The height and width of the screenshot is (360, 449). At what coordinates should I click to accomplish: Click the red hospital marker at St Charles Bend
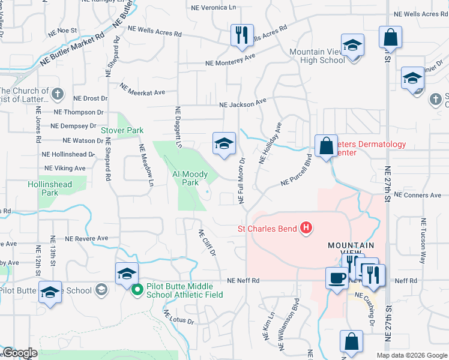coord(306,228)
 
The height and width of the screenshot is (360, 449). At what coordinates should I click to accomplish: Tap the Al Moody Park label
coord(190,178)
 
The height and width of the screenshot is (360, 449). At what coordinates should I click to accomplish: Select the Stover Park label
coord(122,130)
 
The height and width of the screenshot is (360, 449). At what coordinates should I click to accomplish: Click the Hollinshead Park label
coord(50,188)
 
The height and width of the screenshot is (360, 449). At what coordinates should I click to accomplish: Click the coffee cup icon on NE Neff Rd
coord(337,277)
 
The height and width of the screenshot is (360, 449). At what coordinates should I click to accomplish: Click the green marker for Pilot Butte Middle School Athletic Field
coord(137,290)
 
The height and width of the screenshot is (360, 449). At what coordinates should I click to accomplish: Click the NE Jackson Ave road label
coord(243,104)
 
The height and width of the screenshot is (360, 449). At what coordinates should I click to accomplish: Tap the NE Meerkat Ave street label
coord(142,89)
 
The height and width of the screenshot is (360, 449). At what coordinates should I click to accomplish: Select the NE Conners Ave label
coord(418,196)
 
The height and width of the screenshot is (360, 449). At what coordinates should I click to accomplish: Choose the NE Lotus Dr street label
coord(179,317)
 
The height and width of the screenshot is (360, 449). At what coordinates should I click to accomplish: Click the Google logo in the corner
coord(20,353)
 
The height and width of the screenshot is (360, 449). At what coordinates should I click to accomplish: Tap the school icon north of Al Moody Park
coord(224,144)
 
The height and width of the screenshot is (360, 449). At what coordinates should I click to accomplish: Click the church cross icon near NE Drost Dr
coord(57,94)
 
